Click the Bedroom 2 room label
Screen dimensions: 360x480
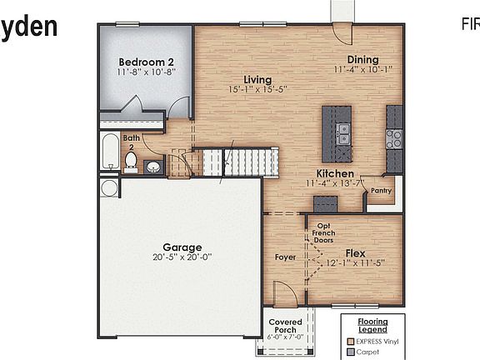tap(146, 62)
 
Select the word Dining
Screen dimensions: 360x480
tap(362, 60)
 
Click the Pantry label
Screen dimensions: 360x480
tap(382, 190)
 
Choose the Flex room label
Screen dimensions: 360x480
tap(356, 252)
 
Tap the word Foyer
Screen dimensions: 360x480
tap(285, 257)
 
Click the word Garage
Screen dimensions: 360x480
tap(182, 247)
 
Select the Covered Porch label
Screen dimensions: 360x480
tap(285, 325)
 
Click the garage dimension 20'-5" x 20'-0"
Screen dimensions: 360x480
tap(182, 258)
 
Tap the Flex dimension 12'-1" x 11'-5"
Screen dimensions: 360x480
tap(356, 263)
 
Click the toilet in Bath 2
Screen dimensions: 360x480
tap(131, 160)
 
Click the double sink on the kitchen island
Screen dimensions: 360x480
tap(342, 129)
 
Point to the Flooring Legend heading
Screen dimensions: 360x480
tap(372, 326)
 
